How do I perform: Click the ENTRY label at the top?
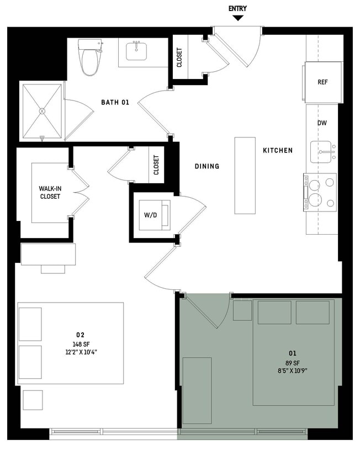click(237, 8)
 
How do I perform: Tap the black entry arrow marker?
click(237, 18)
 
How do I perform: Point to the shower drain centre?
click(42, 110)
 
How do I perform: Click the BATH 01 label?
click(115, 102)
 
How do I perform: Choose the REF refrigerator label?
click(322, 82)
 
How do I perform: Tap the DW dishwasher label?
click(322, 123)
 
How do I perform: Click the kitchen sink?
click(321, 151)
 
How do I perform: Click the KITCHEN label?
click(277, 150)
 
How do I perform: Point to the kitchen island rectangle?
click(245, 175)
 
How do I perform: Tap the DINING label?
click(207, 166)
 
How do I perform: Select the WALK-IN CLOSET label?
click(50, 192)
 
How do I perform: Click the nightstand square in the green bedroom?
click(242, 310)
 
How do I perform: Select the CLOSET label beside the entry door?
click(179, 57)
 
